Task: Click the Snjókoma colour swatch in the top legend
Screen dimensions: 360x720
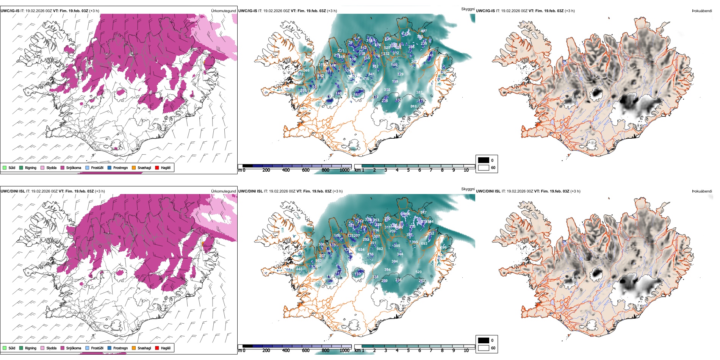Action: coord(63,167)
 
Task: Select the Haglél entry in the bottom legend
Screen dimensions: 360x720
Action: coord(166,348)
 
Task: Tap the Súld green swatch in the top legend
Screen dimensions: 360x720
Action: coord(5,167)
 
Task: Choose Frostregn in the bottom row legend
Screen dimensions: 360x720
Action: coord(120,348)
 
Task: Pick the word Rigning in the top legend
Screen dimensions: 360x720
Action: coord(31,167)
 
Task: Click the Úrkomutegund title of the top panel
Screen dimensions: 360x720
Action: coord(223,11)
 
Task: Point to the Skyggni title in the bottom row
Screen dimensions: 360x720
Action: coord(468,189)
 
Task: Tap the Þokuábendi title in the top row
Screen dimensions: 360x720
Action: coord(702,11)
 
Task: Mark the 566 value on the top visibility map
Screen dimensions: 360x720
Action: coord(307,70)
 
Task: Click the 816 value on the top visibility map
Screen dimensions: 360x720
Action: coord(413,106)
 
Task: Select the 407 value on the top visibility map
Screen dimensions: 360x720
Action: coord(424,31)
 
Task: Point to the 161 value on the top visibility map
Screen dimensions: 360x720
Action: coord(357,95)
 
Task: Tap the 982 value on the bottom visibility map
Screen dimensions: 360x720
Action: coord(380,249)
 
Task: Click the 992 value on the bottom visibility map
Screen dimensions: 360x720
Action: coord(318,261)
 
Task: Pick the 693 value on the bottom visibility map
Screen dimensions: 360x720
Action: coord(424,244)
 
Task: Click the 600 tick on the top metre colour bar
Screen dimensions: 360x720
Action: coord(305,170)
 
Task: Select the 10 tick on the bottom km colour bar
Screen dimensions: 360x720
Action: coord(466,351)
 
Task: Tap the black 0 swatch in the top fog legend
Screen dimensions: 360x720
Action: coord(484,160)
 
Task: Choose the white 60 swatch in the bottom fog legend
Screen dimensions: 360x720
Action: coord(484,347)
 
